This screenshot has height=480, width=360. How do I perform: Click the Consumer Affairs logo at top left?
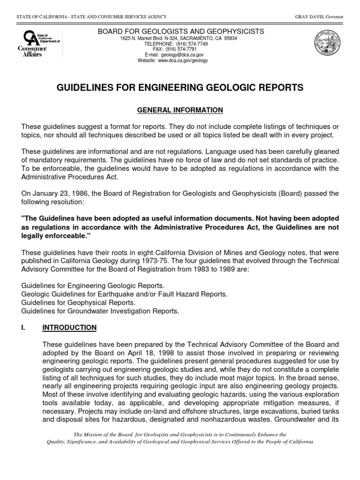(30, 43)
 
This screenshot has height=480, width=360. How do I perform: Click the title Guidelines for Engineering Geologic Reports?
(180, 88)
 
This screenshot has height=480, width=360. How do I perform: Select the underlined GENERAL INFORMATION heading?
(180, 110)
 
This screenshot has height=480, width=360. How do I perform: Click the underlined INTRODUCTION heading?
(69, 327)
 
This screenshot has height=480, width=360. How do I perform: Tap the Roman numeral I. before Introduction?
(24, 327)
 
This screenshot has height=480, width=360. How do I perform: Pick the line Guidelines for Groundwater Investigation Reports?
(100, 311)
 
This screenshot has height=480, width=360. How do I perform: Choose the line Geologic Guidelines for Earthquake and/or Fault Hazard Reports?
(124, 294)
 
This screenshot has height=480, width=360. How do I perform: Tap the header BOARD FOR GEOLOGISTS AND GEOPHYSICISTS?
(180, 31)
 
